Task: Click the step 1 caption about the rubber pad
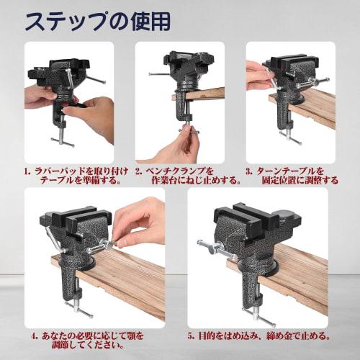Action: pos(76,176)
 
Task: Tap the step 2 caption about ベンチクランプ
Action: pos(183,176)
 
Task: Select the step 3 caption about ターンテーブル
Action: pos(291,176)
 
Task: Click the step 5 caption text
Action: pos(260,336)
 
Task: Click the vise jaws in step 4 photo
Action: pos(79,220)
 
